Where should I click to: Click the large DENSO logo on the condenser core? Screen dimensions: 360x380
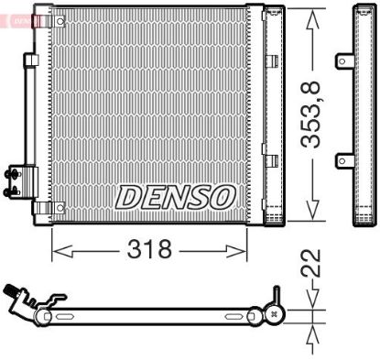tap(176, 195)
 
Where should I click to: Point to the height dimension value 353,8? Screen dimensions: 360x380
tap(312, 115)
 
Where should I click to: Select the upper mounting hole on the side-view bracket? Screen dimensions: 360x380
tap(342, 61)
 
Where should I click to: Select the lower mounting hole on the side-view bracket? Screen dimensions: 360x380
tap(342, 161)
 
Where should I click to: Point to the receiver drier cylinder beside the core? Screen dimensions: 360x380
tap(272, 115)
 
